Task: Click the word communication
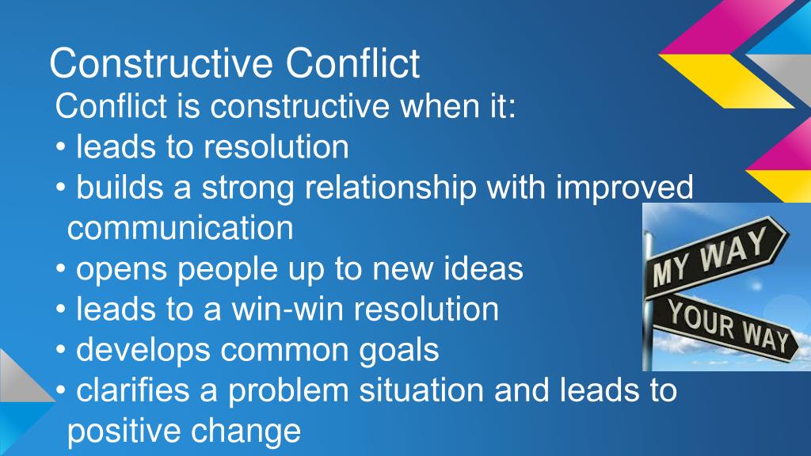pyautogui.click(x=181, y=229)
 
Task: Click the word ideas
pyautogui.click(x=482, y=269)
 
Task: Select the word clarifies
pyautogui.click(x=135, y=391)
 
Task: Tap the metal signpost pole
pyautogui.click(x=647, y=332)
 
